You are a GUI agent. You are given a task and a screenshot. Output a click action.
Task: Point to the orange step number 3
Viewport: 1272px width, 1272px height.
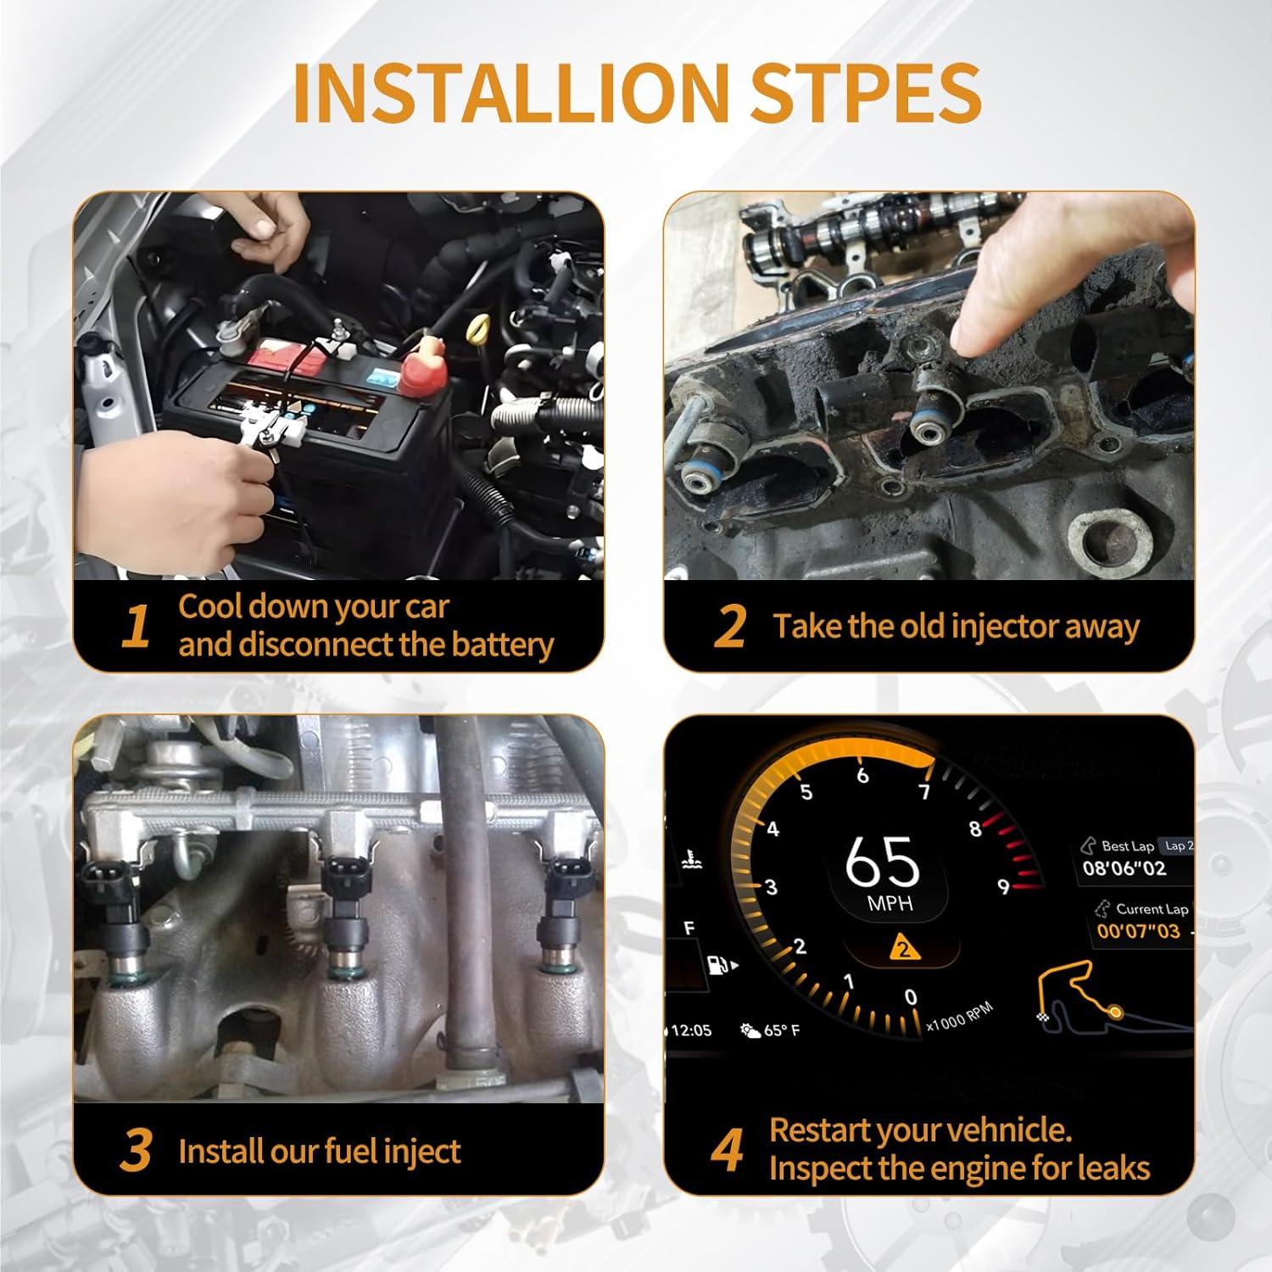pos(136,1151)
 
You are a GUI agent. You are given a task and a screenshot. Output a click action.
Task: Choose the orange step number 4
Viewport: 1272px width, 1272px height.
pos(728,1151)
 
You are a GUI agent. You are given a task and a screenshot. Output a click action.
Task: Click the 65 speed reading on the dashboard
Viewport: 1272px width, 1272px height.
pos(882,862)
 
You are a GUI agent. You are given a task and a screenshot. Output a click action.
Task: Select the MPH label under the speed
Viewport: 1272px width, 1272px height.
pos(890,904)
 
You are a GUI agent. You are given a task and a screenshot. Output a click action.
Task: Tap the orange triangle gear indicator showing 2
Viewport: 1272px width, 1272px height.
pos(904,947)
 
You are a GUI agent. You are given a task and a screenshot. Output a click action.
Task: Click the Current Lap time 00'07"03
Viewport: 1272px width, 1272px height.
pos(1138,931)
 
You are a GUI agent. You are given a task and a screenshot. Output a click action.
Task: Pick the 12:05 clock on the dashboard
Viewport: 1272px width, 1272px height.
pos(691,1030)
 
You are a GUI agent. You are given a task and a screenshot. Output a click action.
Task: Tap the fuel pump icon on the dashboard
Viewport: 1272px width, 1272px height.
pos(717,964)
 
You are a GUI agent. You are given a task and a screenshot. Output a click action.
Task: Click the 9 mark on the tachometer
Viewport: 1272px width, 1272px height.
pos(1003,887)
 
